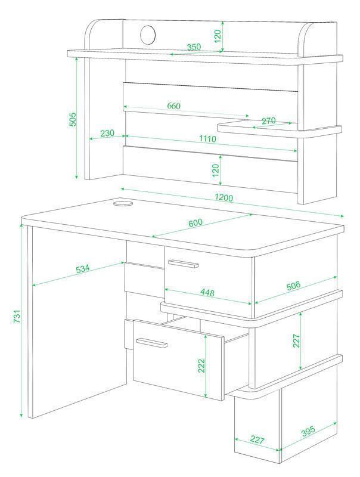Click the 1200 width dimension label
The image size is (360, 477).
(224, 198)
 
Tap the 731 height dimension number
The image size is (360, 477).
(17, 317)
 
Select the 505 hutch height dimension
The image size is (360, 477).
(73, 120)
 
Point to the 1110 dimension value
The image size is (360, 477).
(207, 139)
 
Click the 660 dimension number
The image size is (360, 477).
(173, 106)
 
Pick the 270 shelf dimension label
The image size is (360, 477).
(268, 121)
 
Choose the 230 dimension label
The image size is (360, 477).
(107, 133)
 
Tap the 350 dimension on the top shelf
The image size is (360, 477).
(194, 47)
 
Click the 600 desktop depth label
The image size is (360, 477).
(195, 222)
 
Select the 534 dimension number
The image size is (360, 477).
(83, 270)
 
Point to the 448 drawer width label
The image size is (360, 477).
(207, 292)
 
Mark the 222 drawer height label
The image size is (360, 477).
(201, 366)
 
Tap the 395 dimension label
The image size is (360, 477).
(308, 431)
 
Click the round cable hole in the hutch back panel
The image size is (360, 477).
(148, 35)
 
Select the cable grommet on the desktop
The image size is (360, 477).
(123, 203)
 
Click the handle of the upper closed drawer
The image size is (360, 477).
(183, 264)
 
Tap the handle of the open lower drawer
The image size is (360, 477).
(152, 342)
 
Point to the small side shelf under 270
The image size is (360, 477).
(280, 129)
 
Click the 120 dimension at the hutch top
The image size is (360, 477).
(218, 36)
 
